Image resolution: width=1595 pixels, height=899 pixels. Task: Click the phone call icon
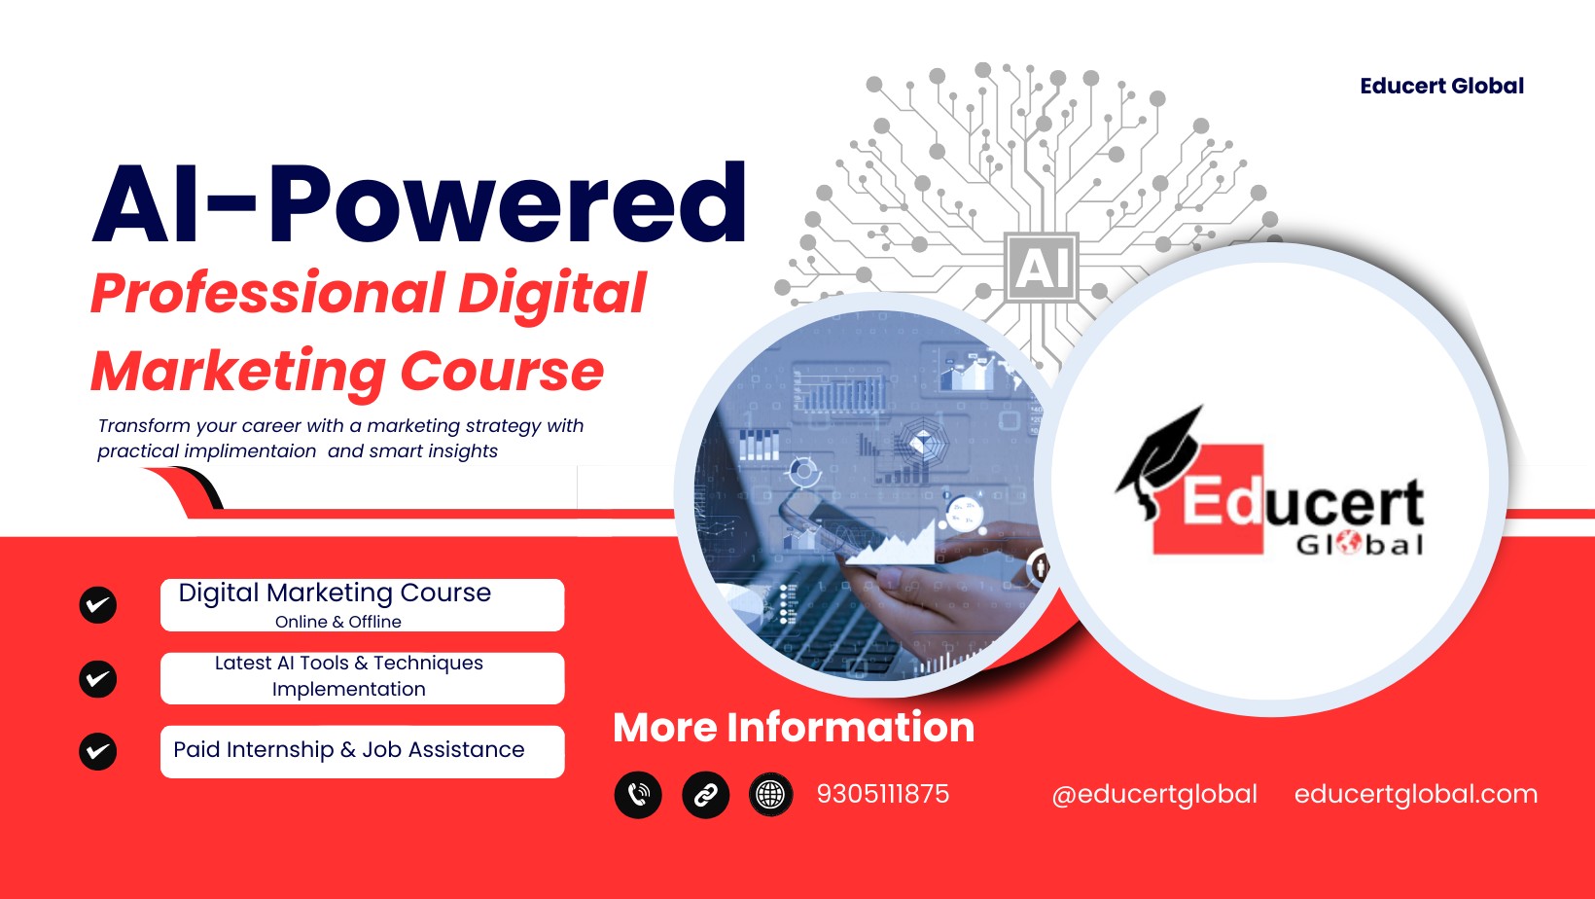638,794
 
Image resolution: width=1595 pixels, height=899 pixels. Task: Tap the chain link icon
706,794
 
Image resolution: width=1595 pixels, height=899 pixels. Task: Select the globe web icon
770,794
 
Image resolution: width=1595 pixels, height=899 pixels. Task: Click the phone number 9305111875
883,794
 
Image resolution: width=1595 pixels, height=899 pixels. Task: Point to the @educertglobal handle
1154,794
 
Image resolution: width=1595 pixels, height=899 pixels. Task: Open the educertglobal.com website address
1416,794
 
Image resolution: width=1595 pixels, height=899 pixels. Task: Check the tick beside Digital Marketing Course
97,605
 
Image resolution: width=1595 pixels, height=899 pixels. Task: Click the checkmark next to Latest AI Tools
97,679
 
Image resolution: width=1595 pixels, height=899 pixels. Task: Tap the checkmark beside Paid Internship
97,751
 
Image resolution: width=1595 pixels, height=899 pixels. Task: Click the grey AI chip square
1042,268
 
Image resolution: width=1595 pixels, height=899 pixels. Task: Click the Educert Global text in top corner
1442,87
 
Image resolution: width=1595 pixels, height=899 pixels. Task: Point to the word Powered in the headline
507,203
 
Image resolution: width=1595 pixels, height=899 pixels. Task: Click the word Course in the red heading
502,371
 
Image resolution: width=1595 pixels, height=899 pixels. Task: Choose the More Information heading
794,728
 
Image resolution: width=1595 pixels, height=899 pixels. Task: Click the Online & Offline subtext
338,622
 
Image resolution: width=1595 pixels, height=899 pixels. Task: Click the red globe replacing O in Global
1348,544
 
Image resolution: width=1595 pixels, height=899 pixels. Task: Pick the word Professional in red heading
268,294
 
